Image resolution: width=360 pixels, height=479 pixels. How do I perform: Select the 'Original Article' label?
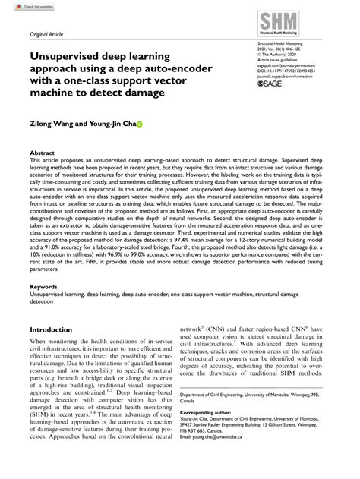(46, 35)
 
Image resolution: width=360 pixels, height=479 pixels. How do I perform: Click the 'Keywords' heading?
(44, 288)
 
